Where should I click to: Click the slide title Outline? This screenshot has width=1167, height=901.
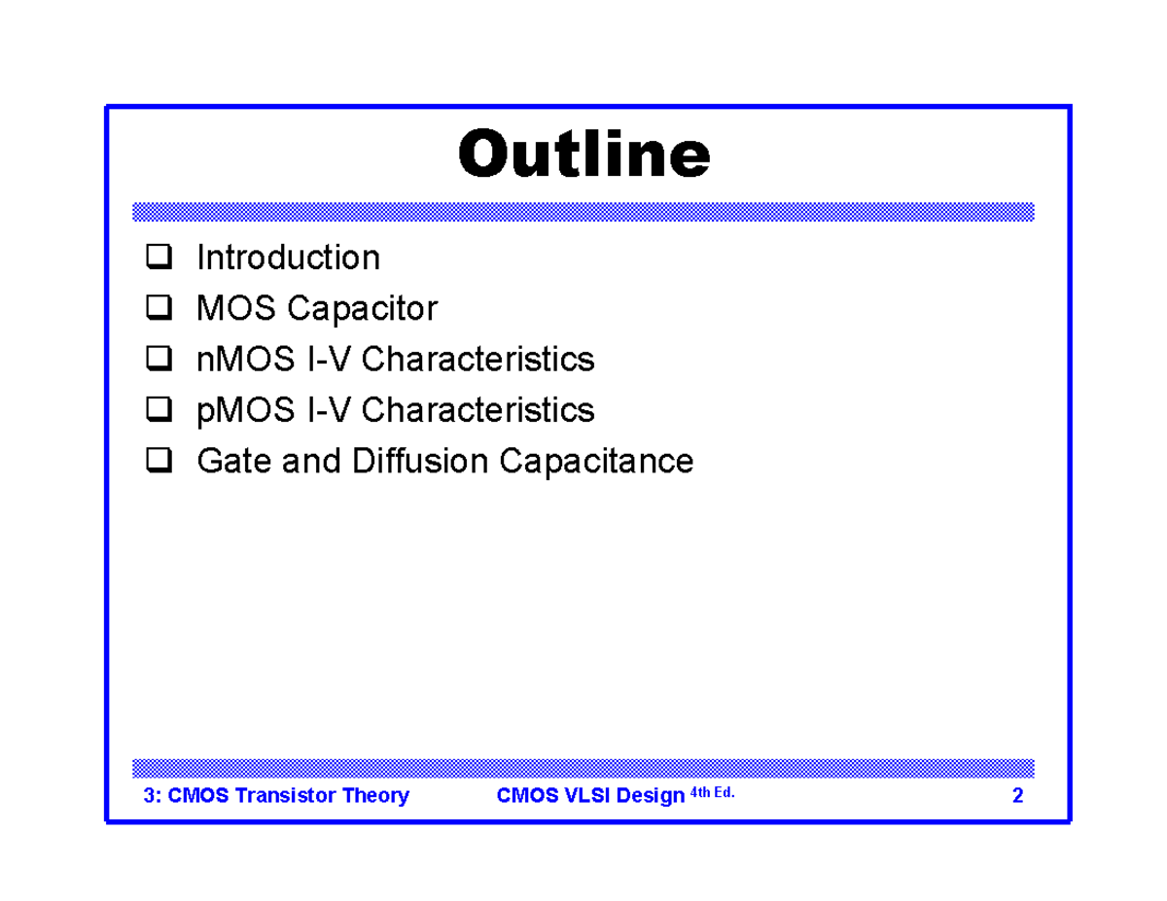tap(583, 156)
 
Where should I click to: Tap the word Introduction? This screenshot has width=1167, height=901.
tap(288, 259)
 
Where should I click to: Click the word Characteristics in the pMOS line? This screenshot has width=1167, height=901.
tap(477, 410)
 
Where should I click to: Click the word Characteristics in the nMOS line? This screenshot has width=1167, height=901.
tap(477, 360)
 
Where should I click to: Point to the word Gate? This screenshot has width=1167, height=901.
tap(233, 461)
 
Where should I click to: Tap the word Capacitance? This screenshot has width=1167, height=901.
tap(596, 461)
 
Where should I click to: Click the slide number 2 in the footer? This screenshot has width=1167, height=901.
tap(1017, 797)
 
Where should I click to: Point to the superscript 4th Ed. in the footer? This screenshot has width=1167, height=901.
tap(712, 793)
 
